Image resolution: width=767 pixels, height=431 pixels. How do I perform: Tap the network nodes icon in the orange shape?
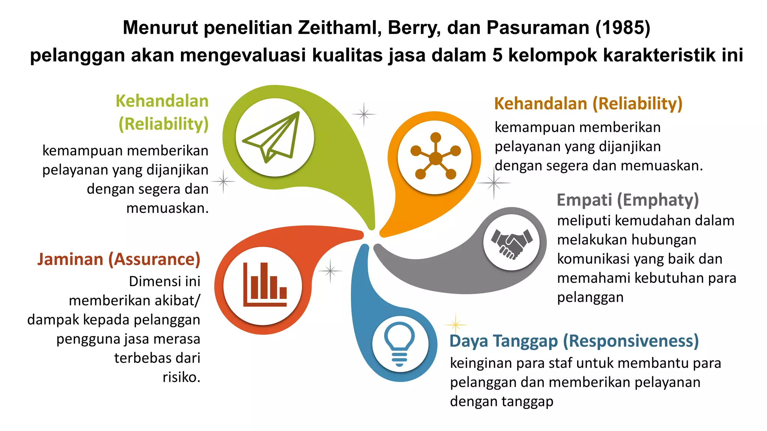pyautogui.click(x=435, y=156)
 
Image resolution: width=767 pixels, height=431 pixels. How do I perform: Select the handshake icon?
pyautogui.click(x=512, y=243)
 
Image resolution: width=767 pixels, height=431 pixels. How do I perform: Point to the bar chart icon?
pyautogui.click(x=264, y=285)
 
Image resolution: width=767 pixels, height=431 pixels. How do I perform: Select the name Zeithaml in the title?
pyautogui.click(x=340, y=28)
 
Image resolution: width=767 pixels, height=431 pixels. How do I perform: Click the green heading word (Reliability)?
pyautogui.click(x=163, y=124)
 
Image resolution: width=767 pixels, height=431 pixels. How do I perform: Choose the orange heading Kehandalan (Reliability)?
pyautogui.click(x=588, y=104)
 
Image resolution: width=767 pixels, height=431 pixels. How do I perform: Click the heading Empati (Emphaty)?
pyautogui.click(x=628, y=200)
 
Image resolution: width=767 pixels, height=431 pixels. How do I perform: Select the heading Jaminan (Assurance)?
pyautogui.click(x=119, y=259)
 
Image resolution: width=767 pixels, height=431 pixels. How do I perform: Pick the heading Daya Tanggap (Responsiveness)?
pyautogui.click(x=574, y=341)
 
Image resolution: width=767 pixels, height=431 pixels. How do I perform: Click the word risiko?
pyautogui.click(x=181, y=377)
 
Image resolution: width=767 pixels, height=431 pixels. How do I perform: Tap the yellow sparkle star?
pyautogui.click(x=455, y=324)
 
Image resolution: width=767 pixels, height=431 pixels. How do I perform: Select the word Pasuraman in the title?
pyautogui.click(x=537, y=28)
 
